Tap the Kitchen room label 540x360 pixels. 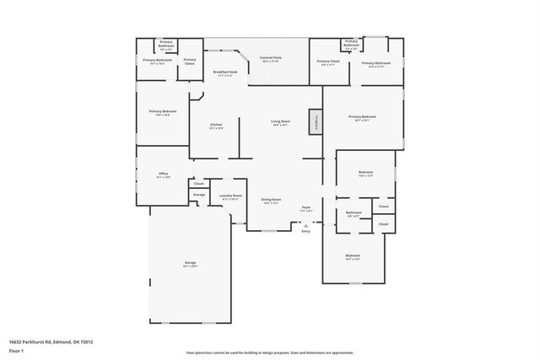click(216, 126)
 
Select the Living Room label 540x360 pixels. click(280, 122)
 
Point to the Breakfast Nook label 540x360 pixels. click(224, 73)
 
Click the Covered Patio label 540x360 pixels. click(271, 59)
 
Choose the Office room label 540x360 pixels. click(164, 175)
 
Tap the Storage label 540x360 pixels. click(199, 195)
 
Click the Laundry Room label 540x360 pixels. click(230, 196)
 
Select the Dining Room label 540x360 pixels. click(271, 201)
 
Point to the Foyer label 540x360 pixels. click(306, 208)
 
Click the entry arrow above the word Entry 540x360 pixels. click(305, 223)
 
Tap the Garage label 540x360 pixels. click(191, 264)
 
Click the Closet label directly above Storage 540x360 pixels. click(199, 183)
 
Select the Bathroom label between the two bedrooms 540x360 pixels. click(354, 213)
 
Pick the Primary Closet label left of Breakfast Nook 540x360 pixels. click(190, 61)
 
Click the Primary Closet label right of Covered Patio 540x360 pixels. click(328, 62)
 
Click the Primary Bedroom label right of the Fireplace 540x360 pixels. click(362, 118)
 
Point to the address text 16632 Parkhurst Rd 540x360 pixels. click(51, 341)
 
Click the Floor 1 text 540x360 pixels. click(18, 349)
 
